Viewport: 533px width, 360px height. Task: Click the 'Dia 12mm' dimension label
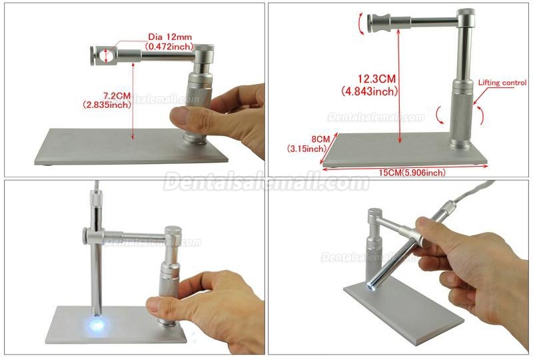click(170, 37)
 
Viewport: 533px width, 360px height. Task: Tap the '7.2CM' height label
click(117, 95)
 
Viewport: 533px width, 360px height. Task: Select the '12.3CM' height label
click(376, 79)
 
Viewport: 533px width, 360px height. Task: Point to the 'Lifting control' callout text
click(502, 83)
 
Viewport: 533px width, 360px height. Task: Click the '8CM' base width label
click(320, 139)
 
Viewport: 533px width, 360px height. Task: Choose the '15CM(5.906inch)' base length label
click(412, 173)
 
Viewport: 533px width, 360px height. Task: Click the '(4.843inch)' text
click(370, 91)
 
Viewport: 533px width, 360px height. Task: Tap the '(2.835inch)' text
click(107, 105)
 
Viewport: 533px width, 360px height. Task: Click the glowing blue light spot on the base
click(97, 324)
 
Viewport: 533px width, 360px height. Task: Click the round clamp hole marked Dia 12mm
click(107, 55)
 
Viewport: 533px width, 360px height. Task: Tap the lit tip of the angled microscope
click(369, 287)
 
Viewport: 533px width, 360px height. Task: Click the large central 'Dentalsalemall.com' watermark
click(266, 183)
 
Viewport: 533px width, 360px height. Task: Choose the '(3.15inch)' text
click(306, 149)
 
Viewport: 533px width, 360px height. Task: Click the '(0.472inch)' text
click(170, 46)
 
